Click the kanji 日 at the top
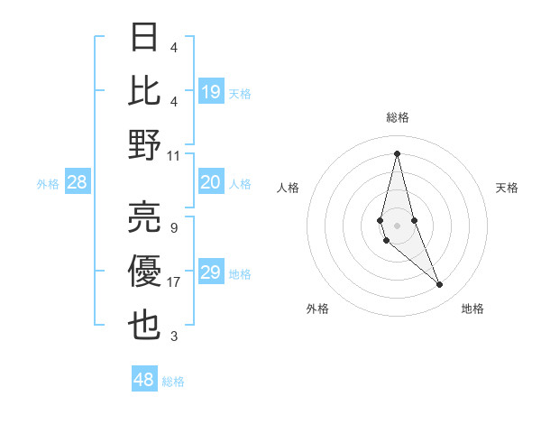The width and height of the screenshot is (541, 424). (145, 39)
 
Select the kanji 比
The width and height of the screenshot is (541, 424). (145, 91)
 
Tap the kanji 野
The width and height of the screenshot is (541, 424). (145, 144)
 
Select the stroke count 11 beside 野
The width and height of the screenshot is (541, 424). (174, 155)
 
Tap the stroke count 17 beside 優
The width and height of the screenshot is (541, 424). (174, 283)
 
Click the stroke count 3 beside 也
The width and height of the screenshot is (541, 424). (174, 336)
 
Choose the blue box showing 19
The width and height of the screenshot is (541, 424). (211, 92)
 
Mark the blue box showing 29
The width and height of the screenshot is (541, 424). (211, 273)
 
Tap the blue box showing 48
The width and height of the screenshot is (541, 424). (144, 381)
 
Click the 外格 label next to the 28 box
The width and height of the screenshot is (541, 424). (48, 184)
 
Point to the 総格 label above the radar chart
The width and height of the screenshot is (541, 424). (397, 117)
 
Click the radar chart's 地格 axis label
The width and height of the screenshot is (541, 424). (472, 309)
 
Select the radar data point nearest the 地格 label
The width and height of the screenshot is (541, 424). (440, 284)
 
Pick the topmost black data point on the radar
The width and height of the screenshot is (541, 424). (397, 152)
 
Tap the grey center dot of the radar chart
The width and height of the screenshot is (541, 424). (397, 223)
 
